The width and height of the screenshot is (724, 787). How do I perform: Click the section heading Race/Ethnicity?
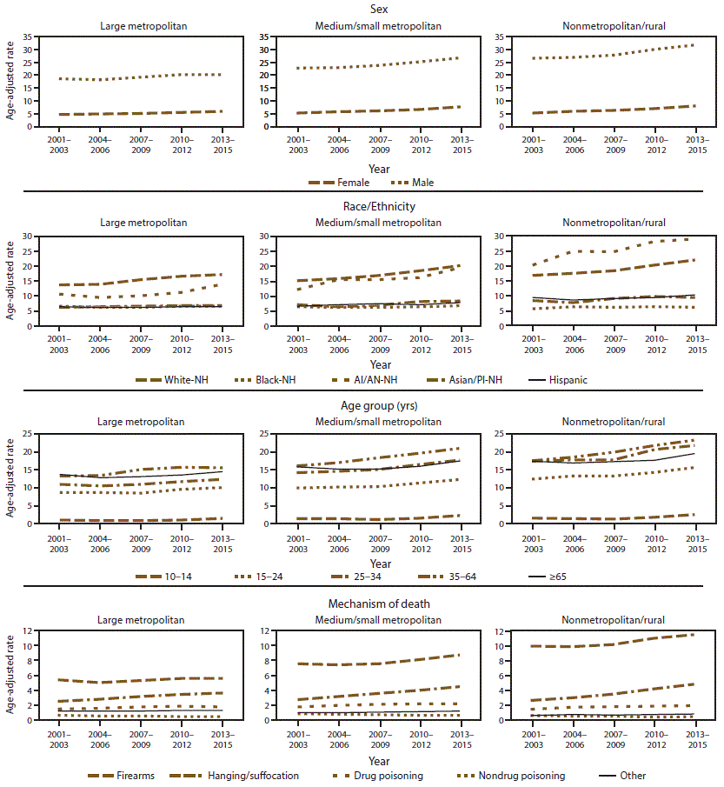362,207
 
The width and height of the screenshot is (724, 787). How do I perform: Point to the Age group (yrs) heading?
362,404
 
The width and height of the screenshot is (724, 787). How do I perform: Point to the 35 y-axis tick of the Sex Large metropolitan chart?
28,37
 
